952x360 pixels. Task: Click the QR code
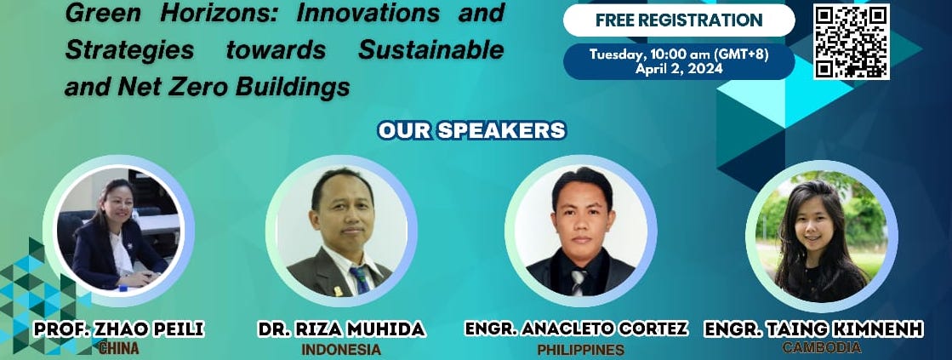(x=852, y=42)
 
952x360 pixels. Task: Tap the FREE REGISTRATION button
(x=679, y=20)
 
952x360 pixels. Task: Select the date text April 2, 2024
(x=679, y=69)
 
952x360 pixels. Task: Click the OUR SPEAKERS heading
(x=472, y=130)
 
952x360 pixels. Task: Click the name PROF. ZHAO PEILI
(x=119, y=329)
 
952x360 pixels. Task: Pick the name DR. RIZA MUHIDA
(x=341, y=329)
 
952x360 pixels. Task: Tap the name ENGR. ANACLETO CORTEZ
(x=576, y=329)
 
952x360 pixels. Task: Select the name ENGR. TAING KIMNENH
(x=813, y=329)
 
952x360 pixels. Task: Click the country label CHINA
(x=119, y=348)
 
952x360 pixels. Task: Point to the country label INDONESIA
(x=341, y=350)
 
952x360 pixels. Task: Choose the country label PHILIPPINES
(x=580, y=350)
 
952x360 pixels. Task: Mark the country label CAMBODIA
(x=822, y=348)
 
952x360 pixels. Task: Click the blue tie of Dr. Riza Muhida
(x=361, y=280)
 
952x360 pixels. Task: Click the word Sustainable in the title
(x=431, y=49)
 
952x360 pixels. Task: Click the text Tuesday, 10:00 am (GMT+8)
(x=679, y=54)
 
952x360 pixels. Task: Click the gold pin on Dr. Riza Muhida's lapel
(x=338, y=290)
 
